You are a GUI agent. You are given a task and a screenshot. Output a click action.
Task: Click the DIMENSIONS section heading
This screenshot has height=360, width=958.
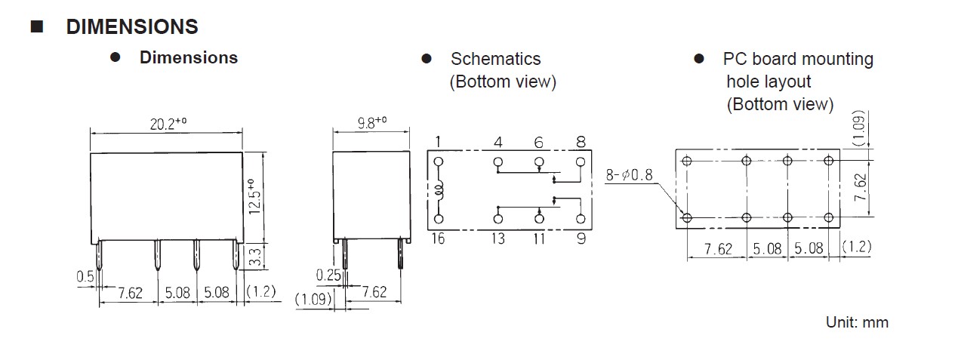132,27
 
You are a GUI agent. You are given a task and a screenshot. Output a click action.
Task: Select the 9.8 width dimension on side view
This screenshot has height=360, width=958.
371,122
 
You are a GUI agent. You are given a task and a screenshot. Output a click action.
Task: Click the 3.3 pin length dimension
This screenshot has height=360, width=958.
255,257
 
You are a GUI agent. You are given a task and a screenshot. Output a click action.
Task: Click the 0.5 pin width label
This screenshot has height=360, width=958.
85,277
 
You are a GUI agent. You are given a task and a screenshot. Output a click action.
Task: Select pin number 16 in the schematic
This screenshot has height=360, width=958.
439,239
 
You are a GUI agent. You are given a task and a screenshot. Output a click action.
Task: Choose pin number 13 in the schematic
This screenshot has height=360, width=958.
498,239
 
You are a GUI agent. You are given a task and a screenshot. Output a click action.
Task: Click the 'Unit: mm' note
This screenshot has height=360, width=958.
857,322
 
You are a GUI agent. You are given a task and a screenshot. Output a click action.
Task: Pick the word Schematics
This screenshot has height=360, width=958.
495,59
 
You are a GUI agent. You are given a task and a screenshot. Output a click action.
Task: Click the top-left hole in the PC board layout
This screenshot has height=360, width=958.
687,161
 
